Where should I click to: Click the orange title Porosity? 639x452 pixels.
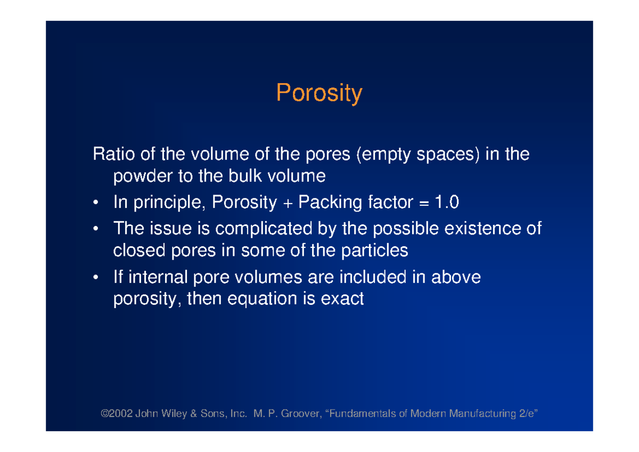click(x=319, y=94)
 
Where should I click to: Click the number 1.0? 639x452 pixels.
click(x=447, y=203)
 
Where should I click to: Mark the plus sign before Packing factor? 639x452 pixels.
click(x=288, y=203)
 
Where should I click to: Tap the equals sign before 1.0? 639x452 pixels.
click(x=424, y=203)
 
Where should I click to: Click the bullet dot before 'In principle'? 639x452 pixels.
click(x=95, y=203)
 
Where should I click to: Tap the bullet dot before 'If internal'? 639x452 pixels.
click(x=95, y=278)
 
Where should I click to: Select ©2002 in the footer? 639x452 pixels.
click(x=117, y=414)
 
